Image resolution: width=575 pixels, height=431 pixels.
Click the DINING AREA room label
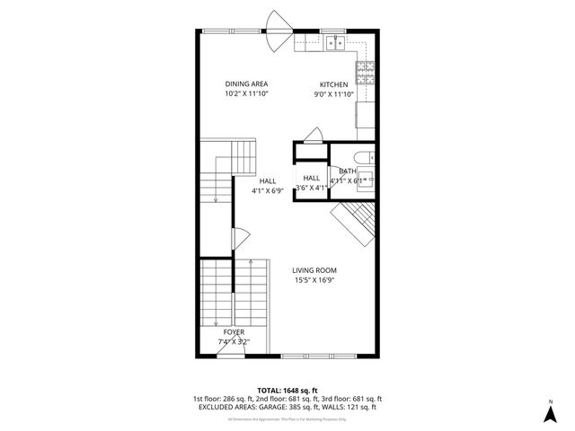pos(246,84)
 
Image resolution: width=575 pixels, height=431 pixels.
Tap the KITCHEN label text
pos(333,84)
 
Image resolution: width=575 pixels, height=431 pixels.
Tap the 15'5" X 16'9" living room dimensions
pos(314,279)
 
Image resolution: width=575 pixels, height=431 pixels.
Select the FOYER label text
pos(234,332)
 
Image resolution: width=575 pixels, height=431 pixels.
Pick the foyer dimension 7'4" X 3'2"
pos(234,341)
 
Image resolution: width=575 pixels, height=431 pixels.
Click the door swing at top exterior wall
pos(279,22)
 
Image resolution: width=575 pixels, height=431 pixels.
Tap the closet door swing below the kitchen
pos(312,136)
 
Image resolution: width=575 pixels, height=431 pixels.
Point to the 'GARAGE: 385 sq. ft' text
pos(296,407)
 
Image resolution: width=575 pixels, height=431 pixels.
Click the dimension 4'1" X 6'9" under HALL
pos(267,189)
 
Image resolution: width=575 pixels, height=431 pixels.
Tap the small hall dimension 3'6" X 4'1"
pos(311,187)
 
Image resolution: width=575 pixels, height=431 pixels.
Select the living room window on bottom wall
pos(323,356)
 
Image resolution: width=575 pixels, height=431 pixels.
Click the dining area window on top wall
pos(227,31)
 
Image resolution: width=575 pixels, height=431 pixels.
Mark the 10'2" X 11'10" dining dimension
pos(246,93)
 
